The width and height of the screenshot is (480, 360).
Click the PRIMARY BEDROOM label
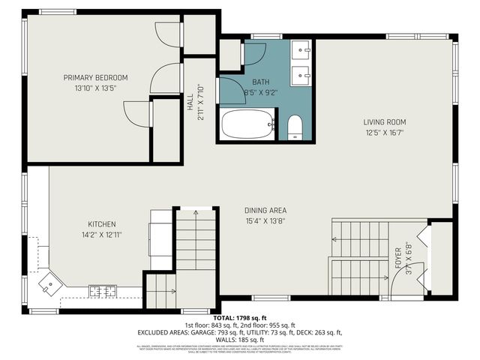(95, 77)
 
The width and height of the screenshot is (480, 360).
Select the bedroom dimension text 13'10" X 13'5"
(95, 88)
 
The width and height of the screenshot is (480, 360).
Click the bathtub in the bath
(247, 124)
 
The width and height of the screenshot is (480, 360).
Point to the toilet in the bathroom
(295, 127)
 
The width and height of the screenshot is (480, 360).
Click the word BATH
(260, 82)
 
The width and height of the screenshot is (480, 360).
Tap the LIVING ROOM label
(384, 121)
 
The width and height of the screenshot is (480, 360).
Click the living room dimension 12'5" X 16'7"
(384, 132)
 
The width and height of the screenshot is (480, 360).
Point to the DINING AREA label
(265, 210)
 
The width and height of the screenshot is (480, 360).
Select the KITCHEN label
(101, 224)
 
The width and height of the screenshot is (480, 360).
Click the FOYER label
(398, 257)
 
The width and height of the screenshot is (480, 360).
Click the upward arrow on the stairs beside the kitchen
(196, 215)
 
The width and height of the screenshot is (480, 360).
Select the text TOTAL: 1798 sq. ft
(240, 318)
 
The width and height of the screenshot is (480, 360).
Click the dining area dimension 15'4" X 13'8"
(265, 220)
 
